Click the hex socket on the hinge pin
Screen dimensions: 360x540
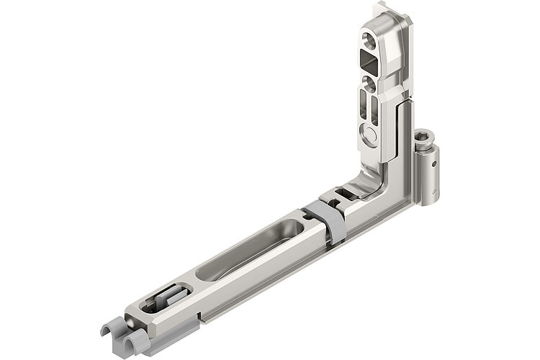tap(426, 138)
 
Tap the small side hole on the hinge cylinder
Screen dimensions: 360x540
tap(434, 163)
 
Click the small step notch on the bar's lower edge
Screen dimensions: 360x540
tap(199, 315)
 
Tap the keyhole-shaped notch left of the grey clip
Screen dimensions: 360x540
tap(299, 215)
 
